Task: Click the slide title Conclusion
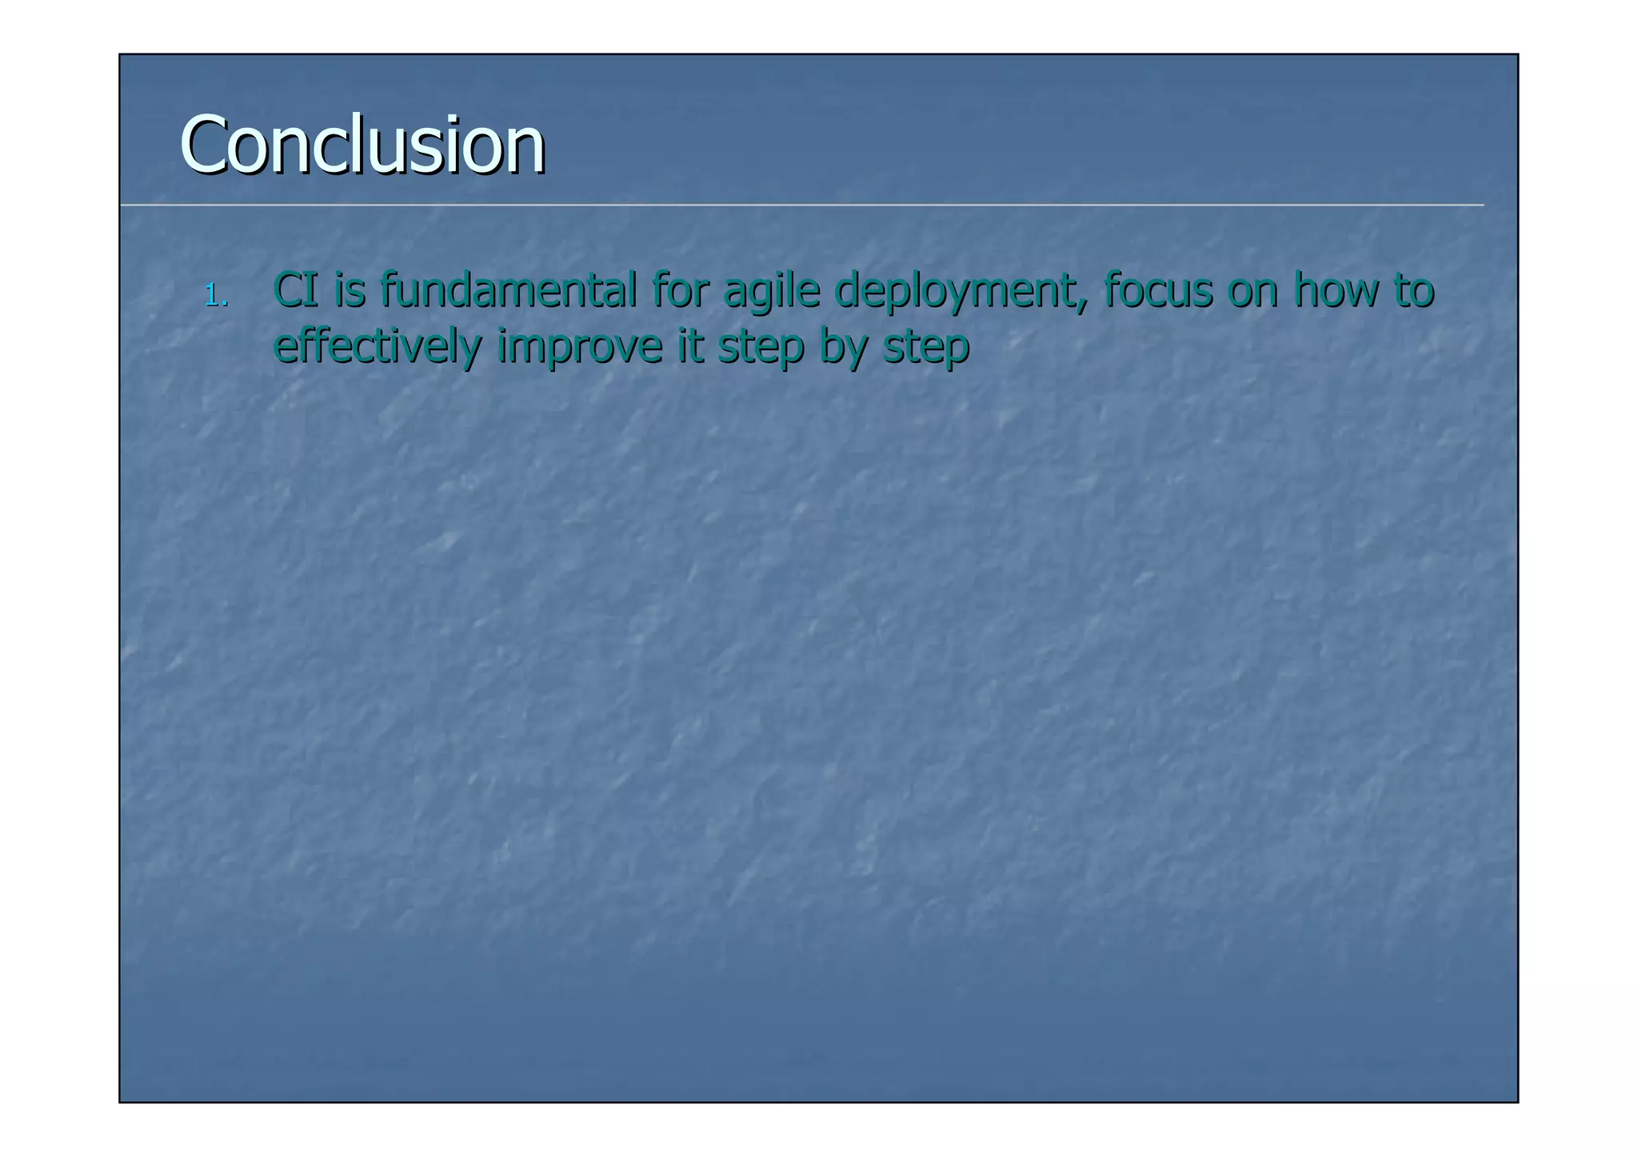pyautogui.click(x=362, y=145)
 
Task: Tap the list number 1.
pyautogui.click(x=215, y=296)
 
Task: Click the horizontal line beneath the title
pyautogui.click(x=800, y=205)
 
